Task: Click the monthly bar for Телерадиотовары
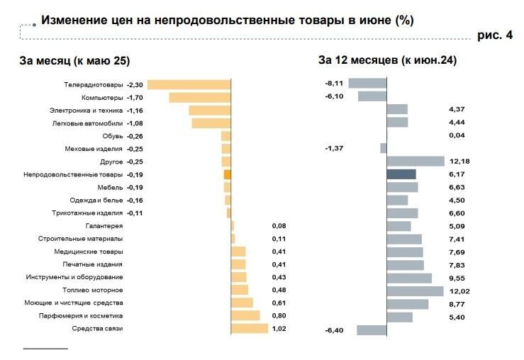pyautogui.click(x=189, y=84)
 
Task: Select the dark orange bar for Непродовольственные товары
pyautogui.click(x=228, y=174)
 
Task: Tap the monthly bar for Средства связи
pyautogui.click(x=250, y=329)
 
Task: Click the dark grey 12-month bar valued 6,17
pyautogui.click(x=401, y=174)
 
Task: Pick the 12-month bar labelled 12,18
pyautogui.click(x=416, y=162)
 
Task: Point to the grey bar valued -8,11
pyautogui.click(x=367, y=84)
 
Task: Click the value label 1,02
pyautogui.click(x=279, y=329)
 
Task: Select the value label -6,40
pyautogui.click(x=333, y=330)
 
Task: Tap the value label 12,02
pyautogui.click(x=459, y=291)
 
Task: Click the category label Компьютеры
pyautogui.click(x=102, y=97)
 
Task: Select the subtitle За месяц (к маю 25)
pyautogui.click(x=74, y=61)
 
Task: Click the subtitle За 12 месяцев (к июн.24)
pyautogui.click(x=387, y=61)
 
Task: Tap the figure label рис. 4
pyautogui.click(x=495, y=35)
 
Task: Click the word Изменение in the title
pyautogui.click(x=73, y=21)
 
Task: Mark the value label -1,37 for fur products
pyautogui.click(x=333, y=148)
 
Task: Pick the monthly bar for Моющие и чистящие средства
pyautogui.click(x=242, y=303)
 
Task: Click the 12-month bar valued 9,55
pyautogui.click(x=409, y=278)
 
